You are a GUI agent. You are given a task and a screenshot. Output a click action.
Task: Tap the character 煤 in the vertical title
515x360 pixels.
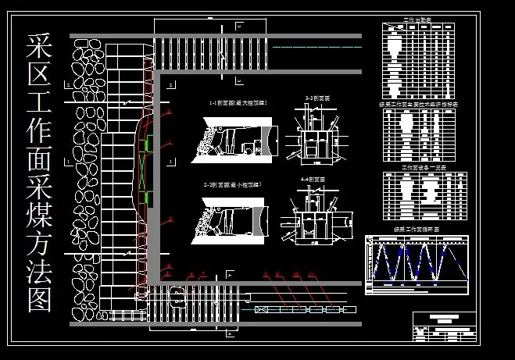(x=39, y=219)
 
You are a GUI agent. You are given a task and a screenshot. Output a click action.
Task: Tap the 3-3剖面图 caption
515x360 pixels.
(x=317, y=98)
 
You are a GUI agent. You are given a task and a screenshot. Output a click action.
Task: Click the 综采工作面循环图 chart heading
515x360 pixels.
(x=410, y=230)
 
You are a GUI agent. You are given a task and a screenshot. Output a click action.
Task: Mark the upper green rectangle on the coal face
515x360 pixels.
(x=148, y=144)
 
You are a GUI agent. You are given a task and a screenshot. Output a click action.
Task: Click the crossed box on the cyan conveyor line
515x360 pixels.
(x=260, y=310)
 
